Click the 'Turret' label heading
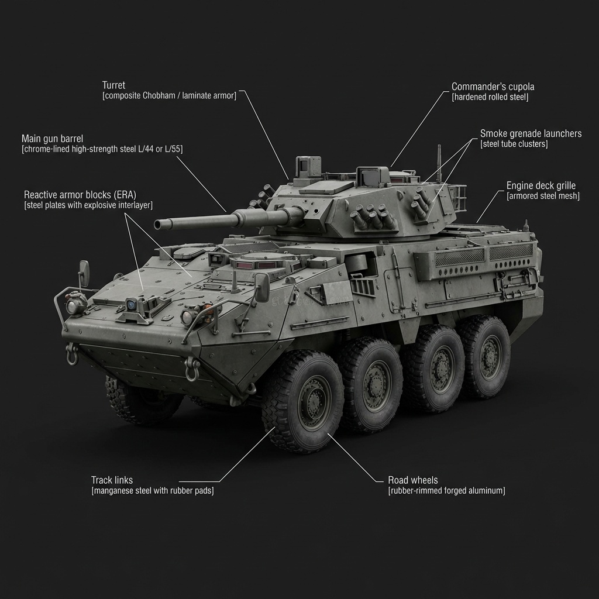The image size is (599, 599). click(x=113, y=85)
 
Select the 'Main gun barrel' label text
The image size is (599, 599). click(x=52, y=139)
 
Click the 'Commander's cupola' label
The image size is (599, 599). click(x=493, y=87)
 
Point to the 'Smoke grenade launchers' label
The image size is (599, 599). click(x=531, y=133)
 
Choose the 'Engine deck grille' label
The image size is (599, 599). click(x=541, y=185)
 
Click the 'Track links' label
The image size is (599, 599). click(x=112, y=480)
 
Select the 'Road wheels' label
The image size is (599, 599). click(x=412, y=480)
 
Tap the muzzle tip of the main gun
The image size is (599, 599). click(x=157, y=225)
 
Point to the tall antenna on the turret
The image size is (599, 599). click(x=439, y=161)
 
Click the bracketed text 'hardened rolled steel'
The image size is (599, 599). click(x=490, y=97)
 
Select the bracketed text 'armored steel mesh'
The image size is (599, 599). click(x=542, y=196)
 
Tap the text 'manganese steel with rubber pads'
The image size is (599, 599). click(x=152, y=491)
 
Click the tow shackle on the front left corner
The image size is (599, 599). click(x=73, y=353)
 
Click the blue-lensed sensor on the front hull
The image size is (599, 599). click(x=133, y=304)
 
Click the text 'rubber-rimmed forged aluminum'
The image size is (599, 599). click(x=446, y=491)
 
